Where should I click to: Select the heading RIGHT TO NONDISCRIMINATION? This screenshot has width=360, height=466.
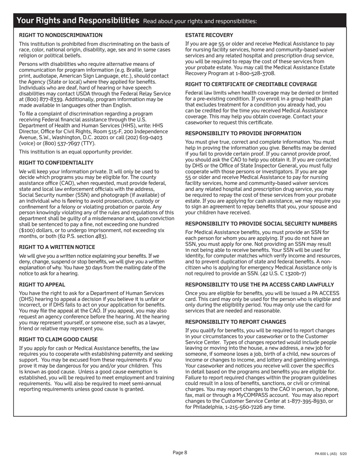click(x=61, y=35)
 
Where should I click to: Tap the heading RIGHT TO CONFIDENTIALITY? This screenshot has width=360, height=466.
click(x=56, y=163)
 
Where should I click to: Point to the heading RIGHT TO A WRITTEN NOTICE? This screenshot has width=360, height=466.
click(x=57, y=247)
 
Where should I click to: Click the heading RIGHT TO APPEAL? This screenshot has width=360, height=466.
click(x=42, y=285)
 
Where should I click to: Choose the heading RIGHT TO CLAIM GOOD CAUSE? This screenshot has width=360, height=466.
click(x=58, y=339)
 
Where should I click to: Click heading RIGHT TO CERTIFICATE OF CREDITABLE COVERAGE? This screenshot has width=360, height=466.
click(x=251, y=84)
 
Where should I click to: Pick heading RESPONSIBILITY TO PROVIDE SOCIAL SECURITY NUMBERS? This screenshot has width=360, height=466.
click(x=261, y=224)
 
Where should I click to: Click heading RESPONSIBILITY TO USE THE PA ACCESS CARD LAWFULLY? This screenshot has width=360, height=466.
click(x=260, y=285)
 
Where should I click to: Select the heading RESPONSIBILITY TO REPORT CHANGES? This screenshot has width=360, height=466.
click(x=236, y=322)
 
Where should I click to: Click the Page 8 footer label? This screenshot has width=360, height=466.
click(x=180, y=452)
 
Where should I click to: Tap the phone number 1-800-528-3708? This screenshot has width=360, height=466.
click(x=255, y=73)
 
